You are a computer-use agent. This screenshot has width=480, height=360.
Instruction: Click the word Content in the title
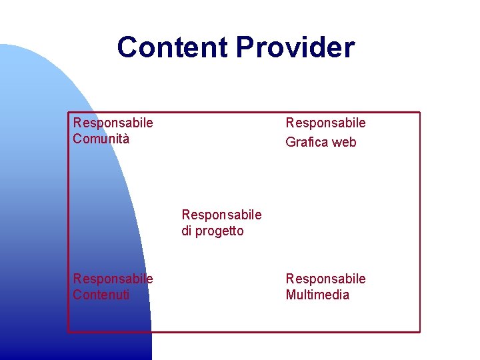tap(173, 47)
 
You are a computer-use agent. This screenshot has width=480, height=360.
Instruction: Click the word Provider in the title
tap(295, 47)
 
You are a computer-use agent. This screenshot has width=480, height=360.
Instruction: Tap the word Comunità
tap(101, 139)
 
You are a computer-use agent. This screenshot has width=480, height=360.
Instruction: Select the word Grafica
tap(308, 142)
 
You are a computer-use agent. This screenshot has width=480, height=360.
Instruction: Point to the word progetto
tap(219, 231)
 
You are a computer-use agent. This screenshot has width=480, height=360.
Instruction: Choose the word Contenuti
tap(101, 295)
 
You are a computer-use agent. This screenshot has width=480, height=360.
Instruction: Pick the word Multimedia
tap(317, 295)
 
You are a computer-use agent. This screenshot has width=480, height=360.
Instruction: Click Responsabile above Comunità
tap(113, 123)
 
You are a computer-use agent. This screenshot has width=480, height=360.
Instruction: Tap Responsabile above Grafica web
tap(325, 123)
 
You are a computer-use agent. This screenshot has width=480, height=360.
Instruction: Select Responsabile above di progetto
tap(221, 215)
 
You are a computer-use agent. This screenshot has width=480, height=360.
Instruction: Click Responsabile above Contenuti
tap(113, 279)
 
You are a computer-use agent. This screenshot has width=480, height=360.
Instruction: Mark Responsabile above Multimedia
tap(325, 279)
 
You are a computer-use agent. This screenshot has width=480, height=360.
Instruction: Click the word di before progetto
tap(187, 231)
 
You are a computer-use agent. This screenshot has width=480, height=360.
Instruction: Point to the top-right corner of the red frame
tap(420, 112)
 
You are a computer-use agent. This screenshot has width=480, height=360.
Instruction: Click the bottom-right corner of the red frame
tap(420, 331)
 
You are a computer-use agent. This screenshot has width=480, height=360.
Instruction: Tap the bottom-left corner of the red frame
tap(68, 331)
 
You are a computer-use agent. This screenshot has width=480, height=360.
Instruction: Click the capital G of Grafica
tap(291, 142)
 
